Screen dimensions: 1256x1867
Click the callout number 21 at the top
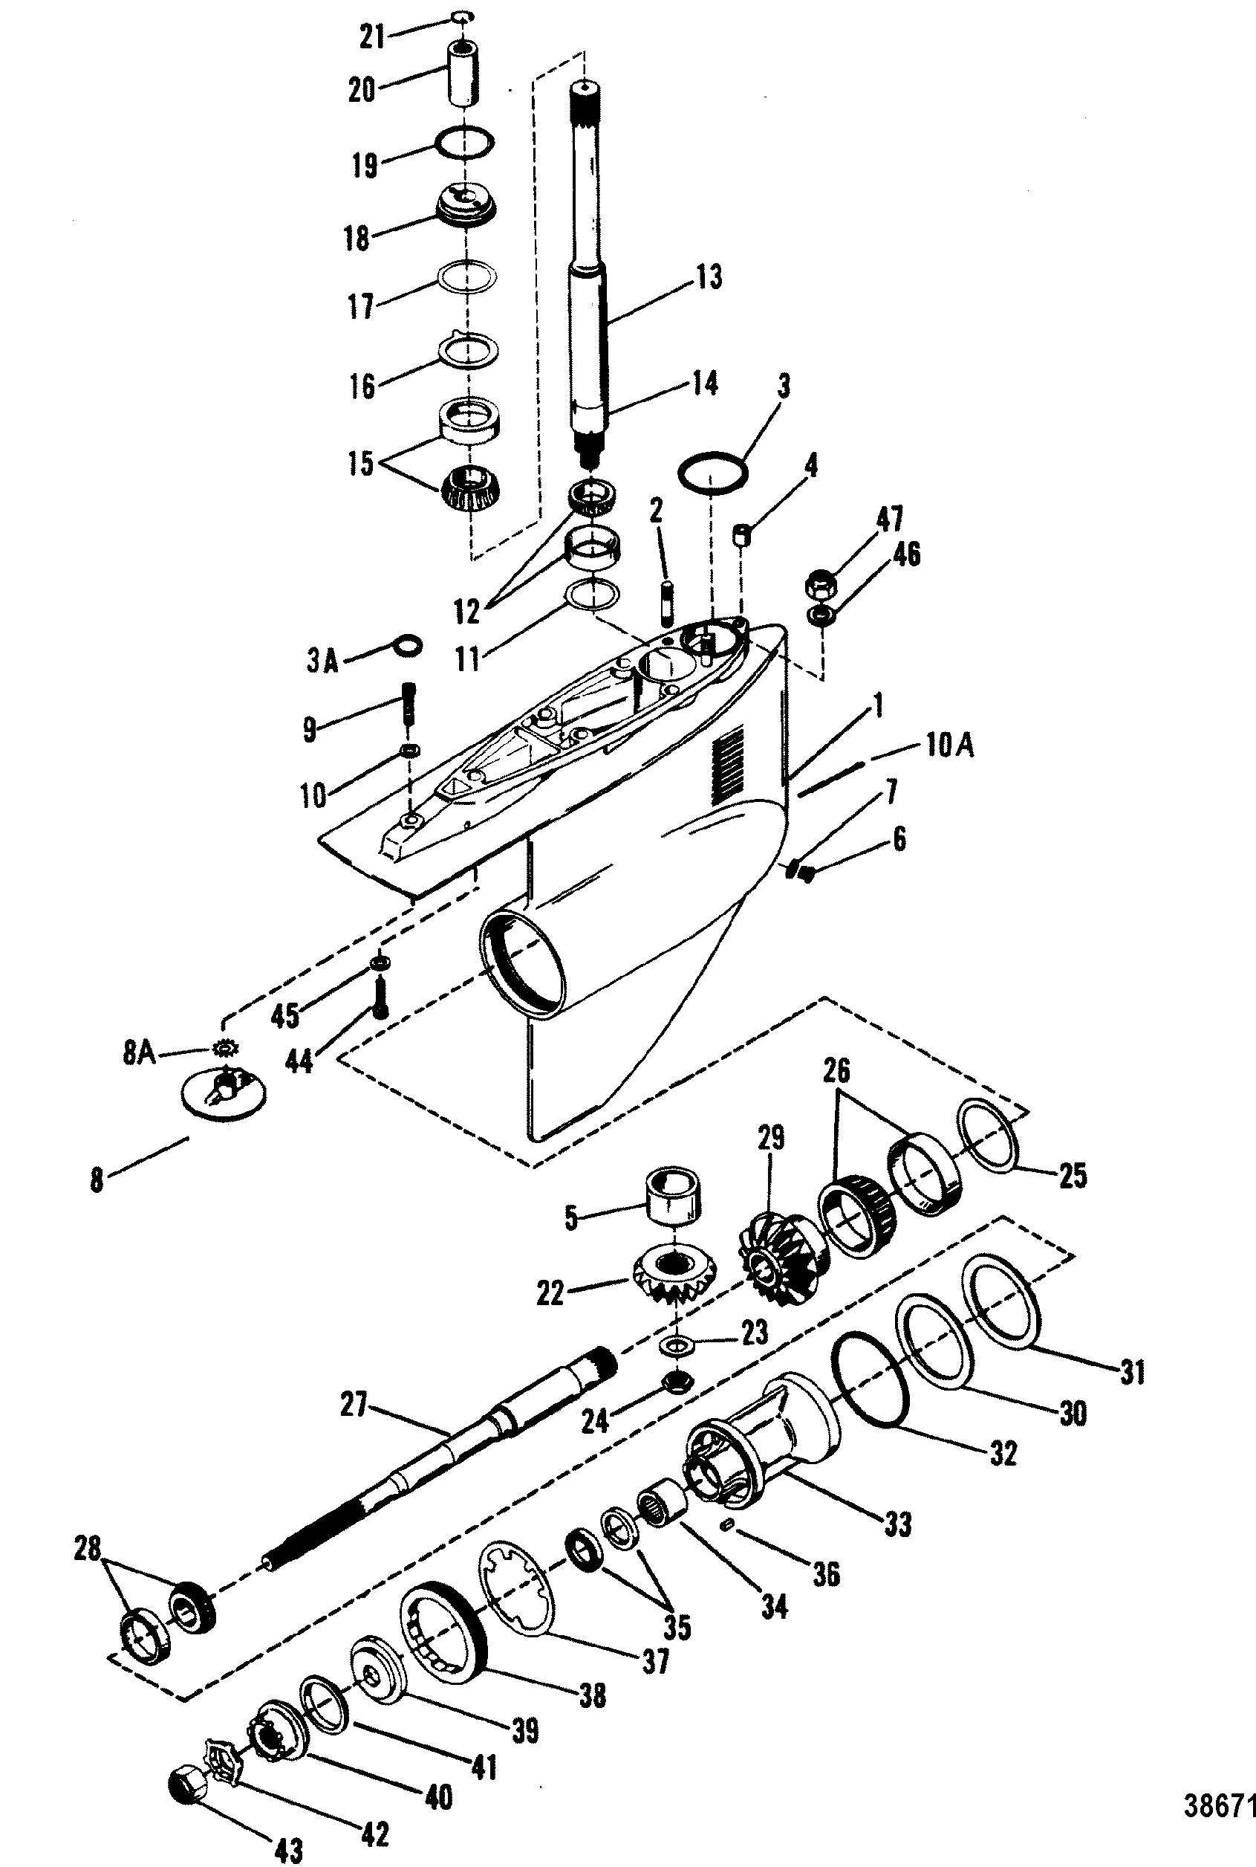pyautogui.click(x=372, y=36)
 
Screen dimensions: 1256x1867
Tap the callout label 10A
pyautogui.click(x=950, y=746)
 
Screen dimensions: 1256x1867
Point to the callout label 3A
pyautogui.click(x=322, y=662)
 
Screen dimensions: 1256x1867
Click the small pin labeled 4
pyautogui.click(x=743, y=534)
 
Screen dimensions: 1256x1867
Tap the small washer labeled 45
pyautogui.click(x=380, y=961)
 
